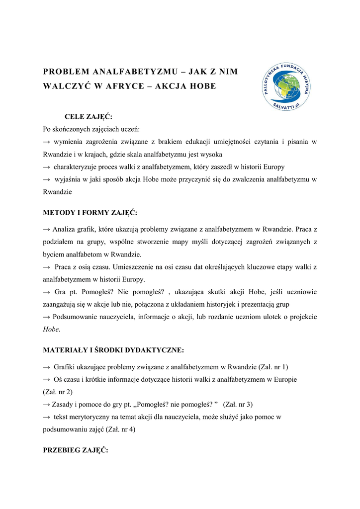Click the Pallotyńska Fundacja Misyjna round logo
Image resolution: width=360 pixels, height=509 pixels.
[286, 87]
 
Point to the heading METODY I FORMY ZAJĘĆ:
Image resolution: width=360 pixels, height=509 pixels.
[90, 213]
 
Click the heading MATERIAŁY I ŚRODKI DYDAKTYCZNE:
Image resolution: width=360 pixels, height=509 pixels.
[113, 350]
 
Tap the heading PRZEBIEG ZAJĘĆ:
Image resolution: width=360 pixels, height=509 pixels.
[75, 450]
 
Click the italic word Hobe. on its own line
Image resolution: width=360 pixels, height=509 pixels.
[52, 329]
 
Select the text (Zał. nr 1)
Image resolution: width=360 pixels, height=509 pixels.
[273, 367]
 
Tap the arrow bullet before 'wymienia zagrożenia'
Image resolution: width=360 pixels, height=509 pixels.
[47, 142]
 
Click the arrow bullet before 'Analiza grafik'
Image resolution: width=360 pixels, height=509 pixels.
[47, 230]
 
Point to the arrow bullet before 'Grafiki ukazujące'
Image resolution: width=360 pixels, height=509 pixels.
[47, 367]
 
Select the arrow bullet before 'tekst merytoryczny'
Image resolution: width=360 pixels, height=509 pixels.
[47, 417]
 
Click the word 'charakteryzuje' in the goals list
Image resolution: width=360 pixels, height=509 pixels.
[77, 167]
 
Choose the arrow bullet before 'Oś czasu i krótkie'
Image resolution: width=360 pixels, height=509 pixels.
[47, 380]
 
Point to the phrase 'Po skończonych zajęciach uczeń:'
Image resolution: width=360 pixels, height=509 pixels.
[91, 129]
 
